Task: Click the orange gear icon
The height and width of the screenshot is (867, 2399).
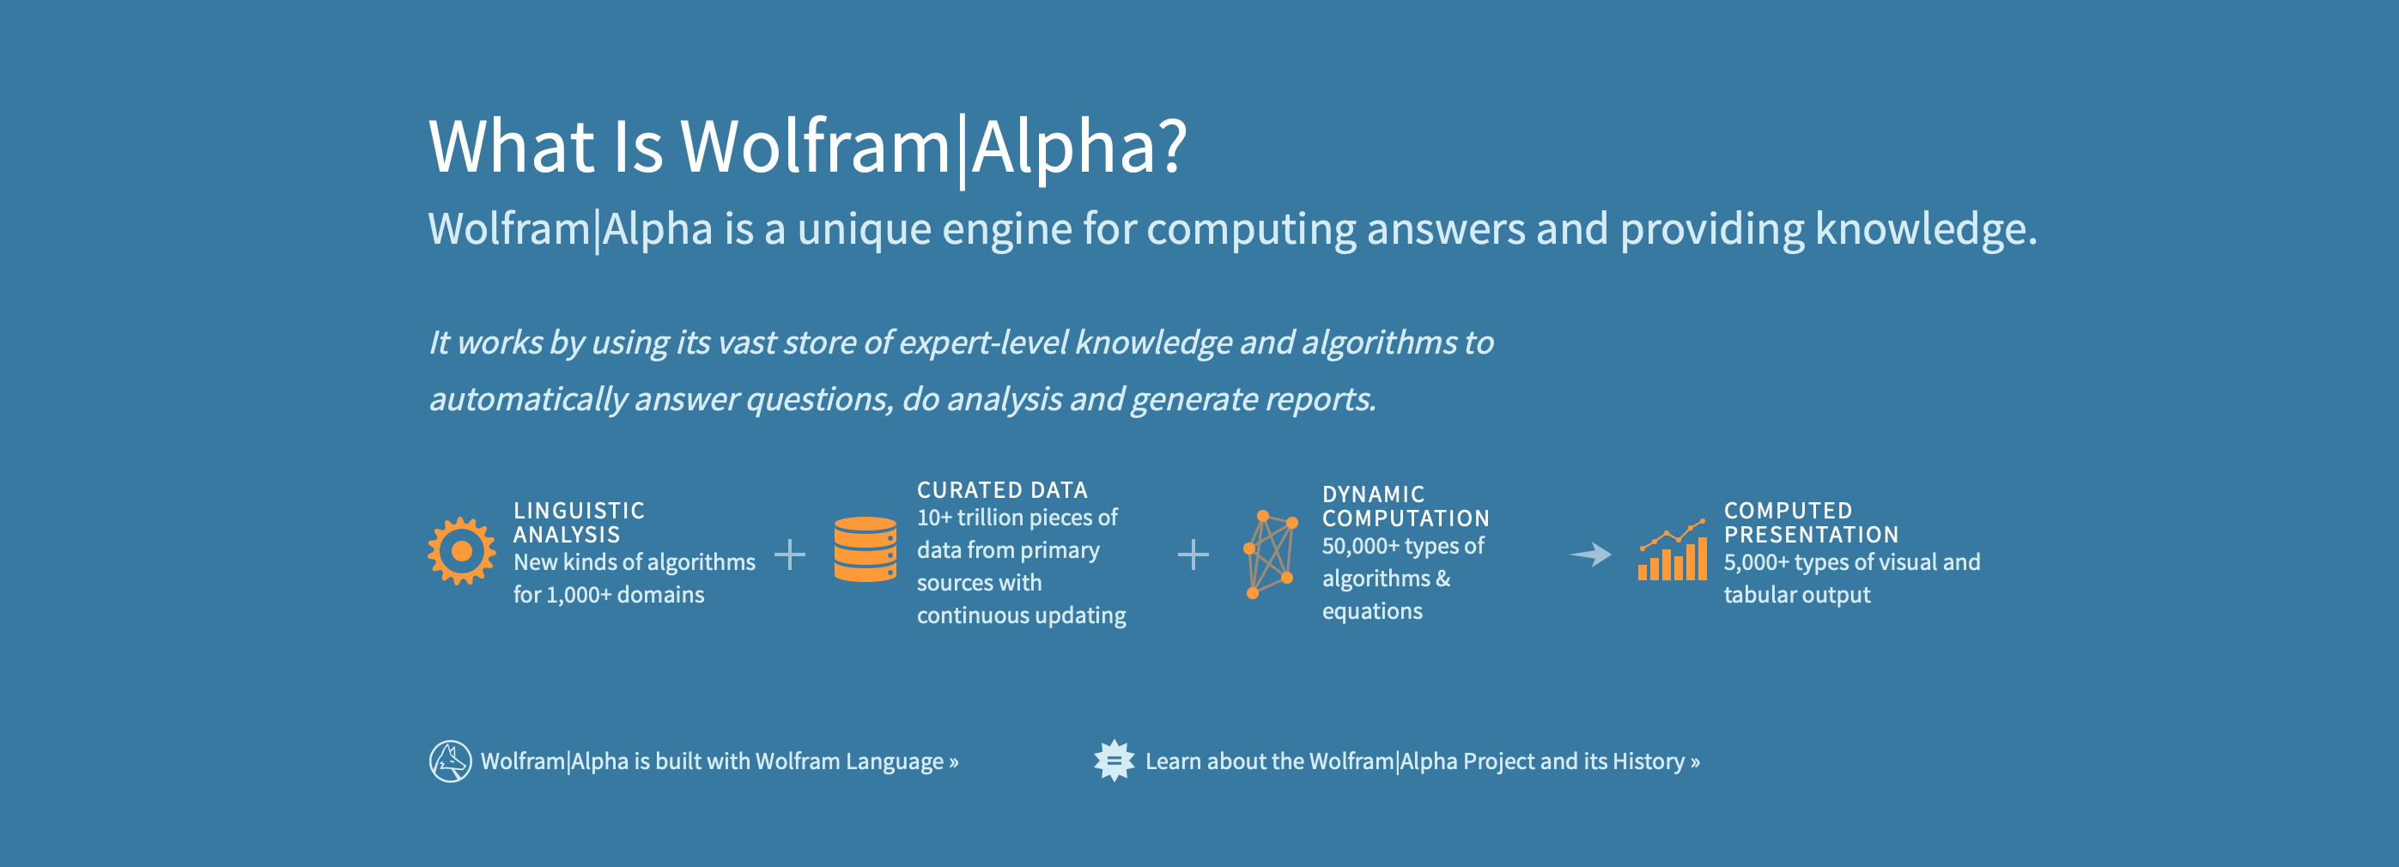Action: click(x=461, y=551)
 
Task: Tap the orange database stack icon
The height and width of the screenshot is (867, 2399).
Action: click(x=865, y=549)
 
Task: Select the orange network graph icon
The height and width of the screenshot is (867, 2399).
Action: click(x=1270, y=553)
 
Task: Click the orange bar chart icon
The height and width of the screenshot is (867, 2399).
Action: click(x=1673, y=551)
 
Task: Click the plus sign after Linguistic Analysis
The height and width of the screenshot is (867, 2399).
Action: click(x=790, y=555)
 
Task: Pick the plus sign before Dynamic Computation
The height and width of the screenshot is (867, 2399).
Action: click(x=1193, y=555)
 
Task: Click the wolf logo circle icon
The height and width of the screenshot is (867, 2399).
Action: click(x=450, y=761)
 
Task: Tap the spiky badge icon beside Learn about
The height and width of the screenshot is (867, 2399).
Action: click(x=1114, y=761)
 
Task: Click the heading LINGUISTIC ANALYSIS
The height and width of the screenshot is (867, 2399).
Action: click(x=579, y=523)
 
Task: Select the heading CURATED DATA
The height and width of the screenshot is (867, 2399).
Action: click(x=1002, y=490)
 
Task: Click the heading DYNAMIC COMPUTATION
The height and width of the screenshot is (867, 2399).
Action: click(x=1406, y=506)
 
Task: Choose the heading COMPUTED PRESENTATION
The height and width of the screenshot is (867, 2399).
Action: click(x=1811, y=523)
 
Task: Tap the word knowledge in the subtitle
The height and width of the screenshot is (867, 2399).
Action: click(x=1924, y=229)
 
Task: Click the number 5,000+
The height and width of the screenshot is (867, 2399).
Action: click(x=1756, y=562)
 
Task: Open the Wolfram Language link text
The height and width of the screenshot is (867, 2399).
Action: click(x=849, y=761)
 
